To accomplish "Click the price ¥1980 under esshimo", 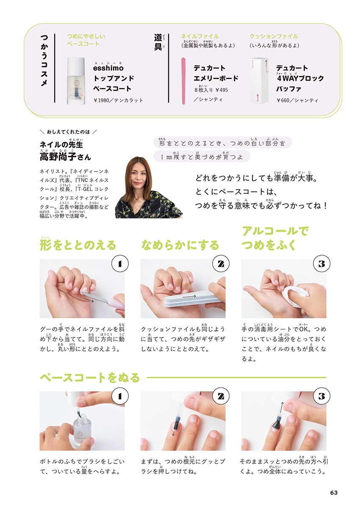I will (103, 100).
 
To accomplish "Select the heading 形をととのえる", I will (78, 245).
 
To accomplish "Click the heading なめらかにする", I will (180, 245).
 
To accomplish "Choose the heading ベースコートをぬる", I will (89, 377).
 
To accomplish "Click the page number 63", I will (333, 492).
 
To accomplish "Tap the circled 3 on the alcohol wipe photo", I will (321, 264).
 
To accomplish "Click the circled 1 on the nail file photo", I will (120, 264).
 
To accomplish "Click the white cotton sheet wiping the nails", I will (292, 295).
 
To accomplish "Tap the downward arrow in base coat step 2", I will (173, 433).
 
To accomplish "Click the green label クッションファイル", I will (274, 36).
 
